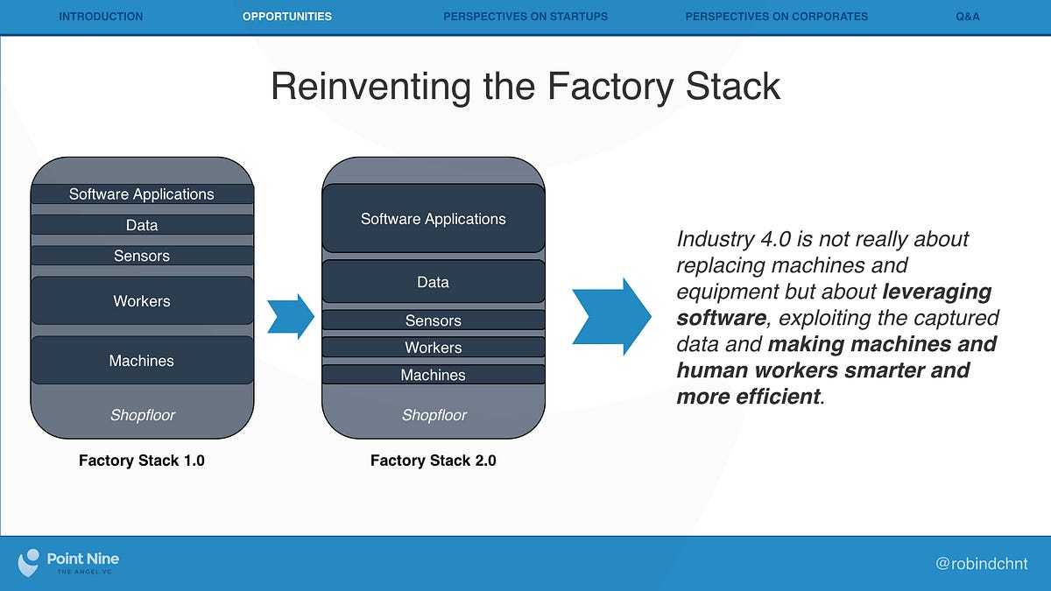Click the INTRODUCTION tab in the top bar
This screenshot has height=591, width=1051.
(101, 16)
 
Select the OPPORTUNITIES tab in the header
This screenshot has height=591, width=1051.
(287, 16)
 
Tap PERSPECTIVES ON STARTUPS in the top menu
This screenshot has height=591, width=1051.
(525, 16)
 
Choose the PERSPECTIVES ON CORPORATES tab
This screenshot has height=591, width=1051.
(777, 16)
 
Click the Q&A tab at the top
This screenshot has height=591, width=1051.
(968, 16)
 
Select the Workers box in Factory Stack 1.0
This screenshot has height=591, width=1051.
(142, 301)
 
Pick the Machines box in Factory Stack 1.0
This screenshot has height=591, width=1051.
(142, 361)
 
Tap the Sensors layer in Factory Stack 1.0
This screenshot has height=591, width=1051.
(142, 256)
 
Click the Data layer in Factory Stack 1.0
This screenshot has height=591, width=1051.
(142, 225)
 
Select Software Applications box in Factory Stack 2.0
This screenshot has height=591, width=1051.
(434, 219)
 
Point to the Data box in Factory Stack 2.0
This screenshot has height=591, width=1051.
(434, 282)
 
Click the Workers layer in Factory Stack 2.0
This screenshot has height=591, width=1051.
(434, 348)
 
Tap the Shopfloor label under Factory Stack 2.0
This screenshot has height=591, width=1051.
(434, 415)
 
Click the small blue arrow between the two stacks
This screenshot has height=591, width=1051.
(291, 316)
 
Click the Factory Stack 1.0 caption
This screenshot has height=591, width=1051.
(142, 460)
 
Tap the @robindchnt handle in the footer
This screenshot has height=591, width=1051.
(981, 564)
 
